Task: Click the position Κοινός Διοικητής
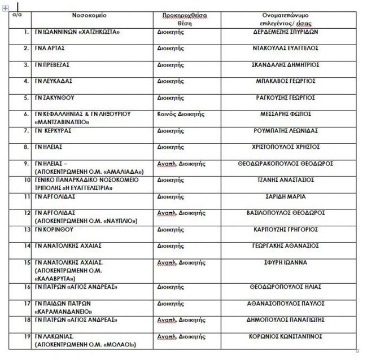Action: click(180, 114)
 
